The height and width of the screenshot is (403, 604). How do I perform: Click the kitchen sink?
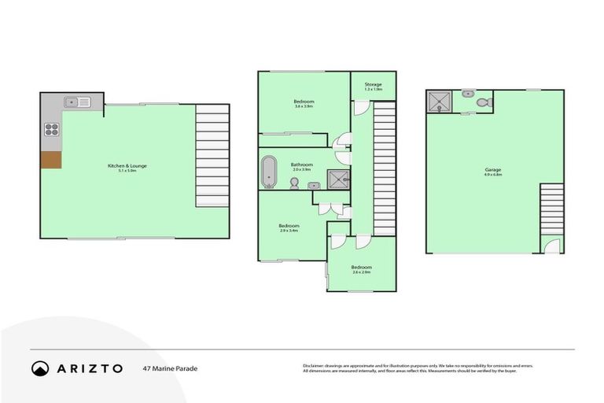point(77,102)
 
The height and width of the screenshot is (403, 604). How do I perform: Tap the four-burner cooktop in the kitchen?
point(52,129)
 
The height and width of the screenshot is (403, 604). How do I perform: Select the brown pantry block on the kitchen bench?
point(51,159)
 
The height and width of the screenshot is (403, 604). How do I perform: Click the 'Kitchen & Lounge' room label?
point(127,165)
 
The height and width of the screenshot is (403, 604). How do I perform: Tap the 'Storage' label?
point(373,84)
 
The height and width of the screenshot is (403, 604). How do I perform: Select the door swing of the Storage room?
point(360,107)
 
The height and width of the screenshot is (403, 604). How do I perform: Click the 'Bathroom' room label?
point(302,164)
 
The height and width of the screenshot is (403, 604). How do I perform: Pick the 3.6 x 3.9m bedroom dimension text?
point(304,106)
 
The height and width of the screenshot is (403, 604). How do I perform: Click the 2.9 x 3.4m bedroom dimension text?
point(289,231)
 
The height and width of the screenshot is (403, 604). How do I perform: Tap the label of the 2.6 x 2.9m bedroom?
point(362,267)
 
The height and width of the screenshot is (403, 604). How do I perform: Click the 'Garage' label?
point(493,169)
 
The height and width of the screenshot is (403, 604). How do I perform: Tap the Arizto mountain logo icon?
point(40,368)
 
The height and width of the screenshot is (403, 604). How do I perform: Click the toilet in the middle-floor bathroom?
point(294,183)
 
